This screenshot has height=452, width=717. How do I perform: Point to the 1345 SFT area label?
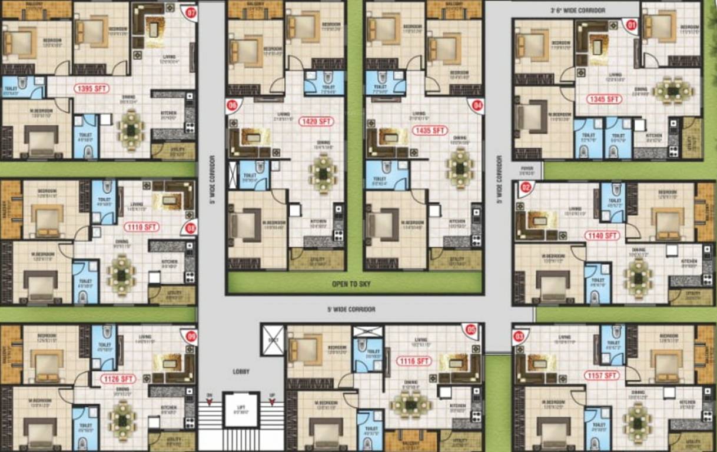pyautogui.click(x=605, y=99)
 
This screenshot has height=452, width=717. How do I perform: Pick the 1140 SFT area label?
pyautogui.click(x=602, y=235)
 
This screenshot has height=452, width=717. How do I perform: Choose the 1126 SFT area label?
pyautogui.click(x=118, y=378)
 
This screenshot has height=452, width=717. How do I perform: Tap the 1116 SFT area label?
pyautogui.click(x=414, y=361)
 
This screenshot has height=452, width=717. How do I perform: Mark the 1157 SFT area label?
pyautogui.click(x=602, y=375)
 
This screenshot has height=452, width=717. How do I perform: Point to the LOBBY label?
pyautogui.click(x=241, y=371)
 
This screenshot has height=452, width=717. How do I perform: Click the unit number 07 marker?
pyautogui.click(x=190, y=12)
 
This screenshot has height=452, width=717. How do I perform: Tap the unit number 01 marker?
pyautogui.click(x=632, y=25)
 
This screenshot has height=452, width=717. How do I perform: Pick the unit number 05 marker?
pyautogui.click(x=470, y=330)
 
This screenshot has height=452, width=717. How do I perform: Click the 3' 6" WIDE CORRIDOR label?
pyautogui.click(x=577, y=11)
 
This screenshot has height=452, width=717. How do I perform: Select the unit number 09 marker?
pyautogui.click(x=191, y=336)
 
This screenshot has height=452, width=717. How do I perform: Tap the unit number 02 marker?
pyautogui.click(x=526, y=188)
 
